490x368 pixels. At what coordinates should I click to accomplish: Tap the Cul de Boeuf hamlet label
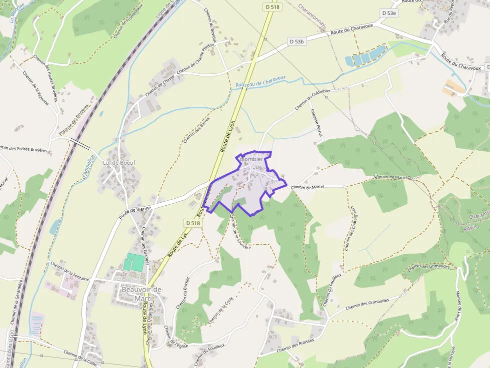118,163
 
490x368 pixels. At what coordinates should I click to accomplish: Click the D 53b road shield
296,41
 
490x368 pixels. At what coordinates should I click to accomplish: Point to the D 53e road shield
388,13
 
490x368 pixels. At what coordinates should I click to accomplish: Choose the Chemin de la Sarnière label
240,232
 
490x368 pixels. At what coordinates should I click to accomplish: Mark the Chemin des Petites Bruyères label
24,148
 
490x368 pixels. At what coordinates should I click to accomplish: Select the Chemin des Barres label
196,130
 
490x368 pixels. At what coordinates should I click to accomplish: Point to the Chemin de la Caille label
80,355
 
